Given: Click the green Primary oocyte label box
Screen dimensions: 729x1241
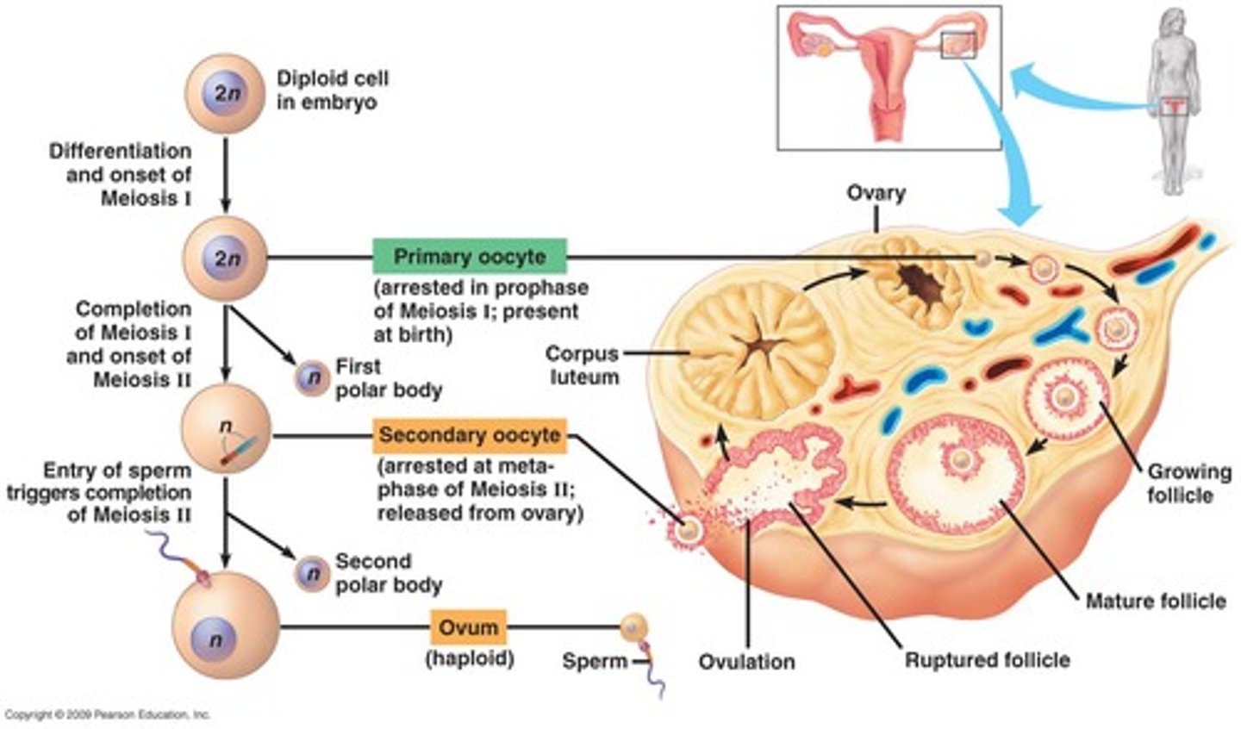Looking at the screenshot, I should (x=470, y=257).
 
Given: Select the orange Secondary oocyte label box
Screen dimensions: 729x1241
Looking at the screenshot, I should (x=470, y=435).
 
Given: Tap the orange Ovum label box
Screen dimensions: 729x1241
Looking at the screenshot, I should (x=468, y=626).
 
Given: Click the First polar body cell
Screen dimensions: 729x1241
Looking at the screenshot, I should (x=309, y=377).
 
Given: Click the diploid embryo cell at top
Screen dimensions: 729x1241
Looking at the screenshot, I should (x=225, y=94).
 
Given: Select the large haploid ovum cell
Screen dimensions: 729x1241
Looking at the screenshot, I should (x=226, y=626).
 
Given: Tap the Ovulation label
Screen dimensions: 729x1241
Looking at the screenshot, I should (x=746, y=662).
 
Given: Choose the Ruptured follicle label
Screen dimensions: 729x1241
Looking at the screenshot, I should (x=987, y=660).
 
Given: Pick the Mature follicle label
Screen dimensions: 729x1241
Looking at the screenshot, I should (x=1155, y=600).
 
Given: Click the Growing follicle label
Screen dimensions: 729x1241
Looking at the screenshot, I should (x=1188, y=483).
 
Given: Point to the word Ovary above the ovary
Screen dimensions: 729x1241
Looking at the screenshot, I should (x=876, y=192).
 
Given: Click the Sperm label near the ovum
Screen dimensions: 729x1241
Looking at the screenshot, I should (x=595, y=662).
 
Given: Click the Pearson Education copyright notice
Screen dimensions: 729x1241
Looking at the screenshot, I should (x=107, y=714).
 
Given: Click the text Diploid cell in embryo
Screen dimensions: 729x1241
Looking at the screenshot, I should (x=332, y=90).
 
